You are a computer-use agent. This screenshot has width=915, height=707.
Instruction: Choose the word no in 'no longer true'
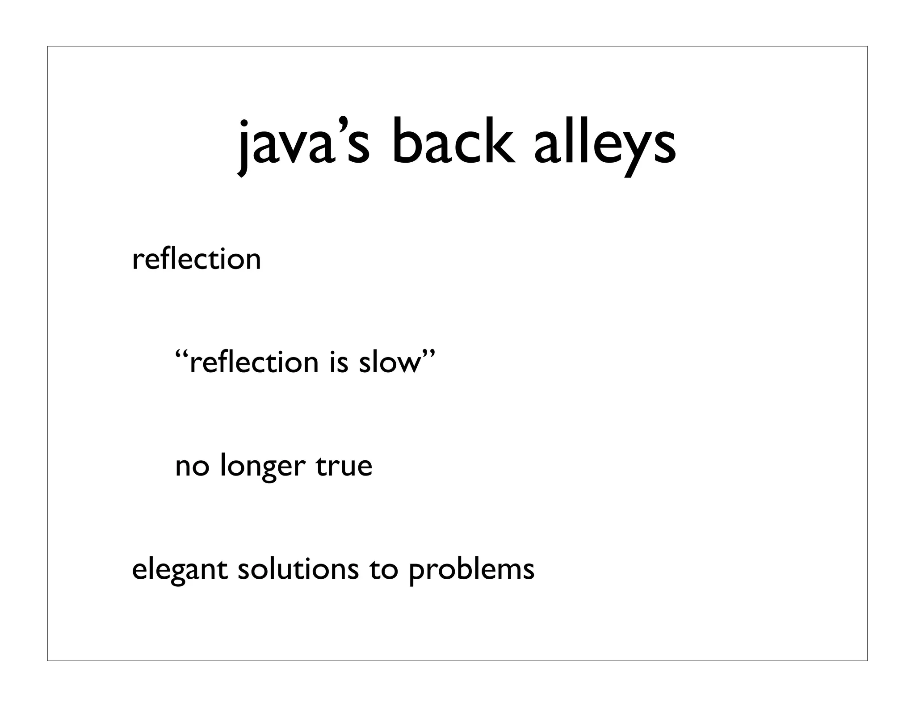(192, 467)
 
